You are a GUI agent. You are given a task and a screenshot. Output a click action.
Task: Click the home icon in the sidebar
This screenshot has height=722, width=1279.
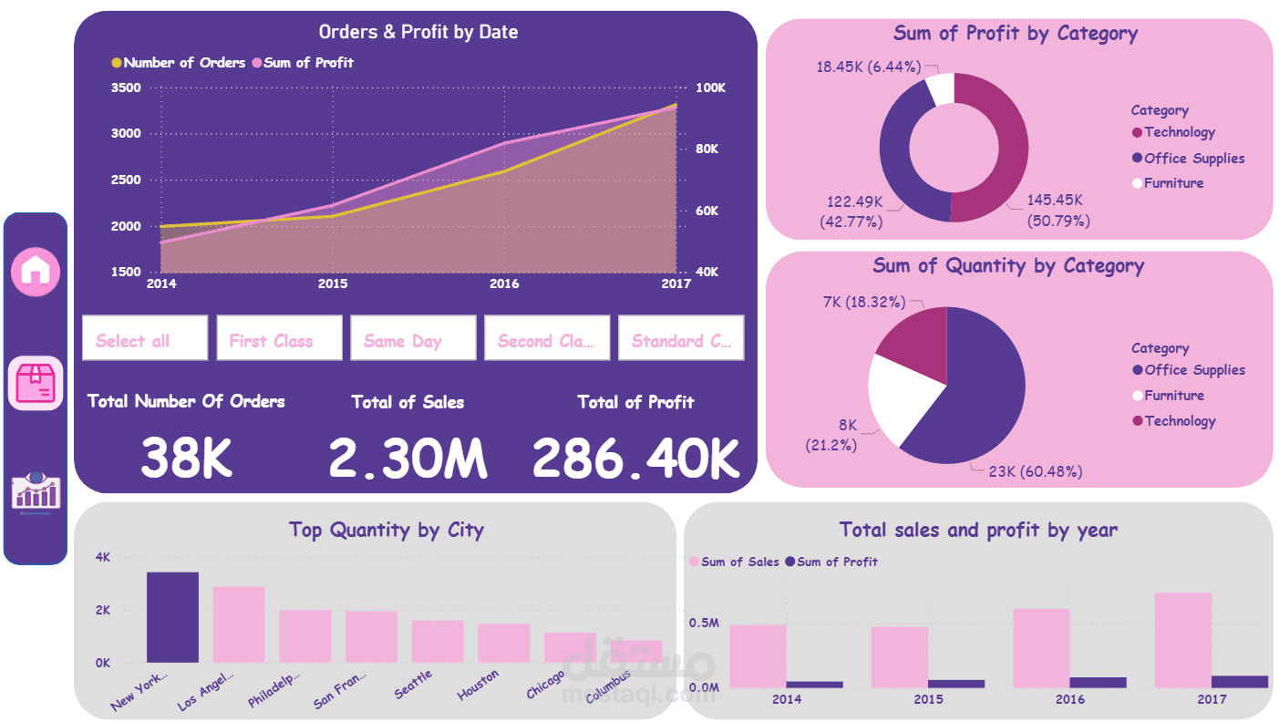(36, 270)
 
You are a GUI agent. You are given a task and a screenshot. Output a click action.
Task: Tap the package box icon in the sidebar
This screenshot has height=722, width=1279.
(36, 383)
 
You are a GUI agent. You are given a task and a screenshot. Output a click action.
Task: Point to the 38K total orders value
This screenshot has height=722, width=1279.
(187, 458)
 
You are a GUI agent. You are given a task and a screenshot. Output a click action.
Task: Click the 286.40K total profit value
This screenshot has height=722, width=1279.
(635, 458)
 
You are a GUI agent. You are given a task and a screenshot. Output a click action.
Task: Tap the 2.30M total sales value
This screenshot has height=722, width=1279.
(407, 458)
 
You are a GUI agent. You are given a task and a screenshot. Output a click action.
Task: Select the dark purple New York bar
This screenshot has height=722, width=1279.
(172, 617)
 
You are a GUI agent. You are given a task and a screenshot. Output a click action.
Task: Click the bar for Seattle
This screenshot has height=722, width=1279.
(438, 641)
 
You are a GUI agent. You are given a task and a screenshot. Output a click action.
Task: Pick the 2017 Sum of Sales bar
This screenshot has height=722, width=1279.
(1182, 640)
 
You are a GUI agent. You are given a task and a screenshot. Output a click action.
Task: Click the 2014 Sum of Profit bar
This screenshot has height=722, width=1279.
(814, 684)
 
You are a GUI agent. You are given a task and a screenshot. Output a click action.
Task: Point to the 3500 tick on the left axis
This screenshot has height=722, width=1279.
(126, 88)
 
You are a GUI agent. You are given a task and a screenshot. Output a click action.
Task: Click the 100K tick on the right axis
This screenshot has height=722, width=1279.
(710, 88)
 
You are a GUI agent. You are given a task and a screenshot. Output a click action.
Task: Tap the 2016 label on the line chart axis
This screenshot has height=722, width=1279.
(504, 284)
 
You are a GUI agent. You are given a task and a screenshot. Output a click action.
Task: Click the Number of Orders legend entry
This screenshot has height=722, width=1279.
(178, 63)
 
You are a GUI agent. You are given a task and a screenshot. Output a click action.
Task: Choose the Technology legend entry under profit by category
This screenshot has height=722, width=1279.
(1179, 132)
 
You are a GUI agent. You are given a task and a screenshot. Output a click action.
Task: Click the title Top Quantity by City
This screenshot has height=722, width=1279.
(386, 530)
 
